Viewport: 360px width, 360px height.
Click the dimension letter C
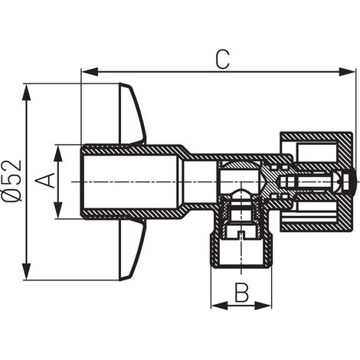(222, 60)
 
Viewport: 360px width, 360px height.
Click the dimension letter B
(241, 293)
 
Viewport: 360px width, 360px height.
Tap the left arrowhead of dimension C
(90, 72)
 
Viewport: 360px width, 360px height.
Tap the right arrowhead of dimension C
(347, 72)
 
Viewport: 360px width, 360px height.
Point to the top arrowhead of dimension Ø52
(26, 93)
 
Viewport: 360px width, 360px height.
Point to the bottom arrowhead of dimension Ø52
(26, 271)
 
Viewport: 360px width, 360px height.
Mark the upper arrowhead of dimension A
(58, 153)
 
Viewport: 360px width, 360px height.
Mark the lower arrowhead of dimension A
(58, 210)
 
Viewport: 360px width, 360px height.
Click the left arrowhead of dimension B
(219, 306)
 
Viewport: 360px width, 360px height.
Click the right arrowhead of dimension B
(263, 306)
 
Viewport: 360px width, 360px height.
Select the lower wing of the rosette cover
(133, 250)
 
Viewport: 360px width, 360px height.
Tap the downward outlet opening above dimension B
(241, 253)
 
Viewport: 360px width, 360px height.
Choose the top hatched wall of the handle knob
(315, 136)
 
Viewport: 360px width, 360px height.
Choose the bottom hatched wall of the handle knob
(315, 227)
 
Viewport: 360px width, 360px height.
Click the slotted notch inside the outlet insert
(241, 234)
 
